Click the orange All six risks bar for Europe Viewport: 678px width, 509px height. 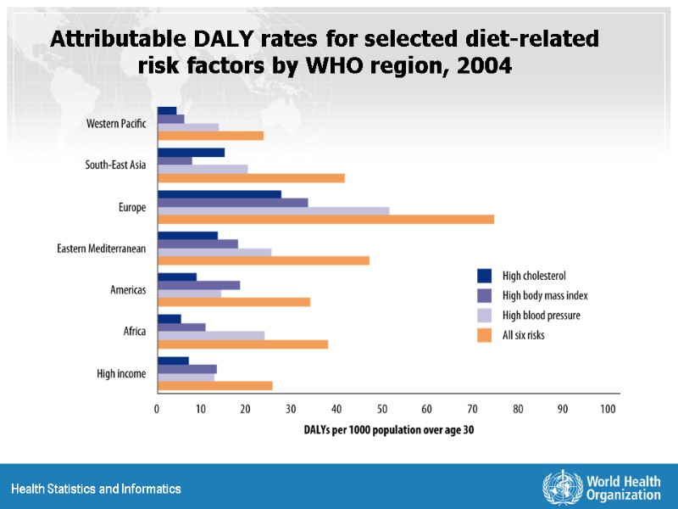(325, 219)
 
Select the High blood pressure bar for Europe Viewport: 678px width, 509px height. (273, 210)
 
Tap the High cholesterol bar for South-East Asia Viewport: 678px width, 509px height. (191, 153)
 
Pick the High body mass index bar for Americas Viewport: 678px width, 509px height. (198, 285)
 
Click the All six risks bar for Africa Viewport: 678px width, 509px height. (242, 344)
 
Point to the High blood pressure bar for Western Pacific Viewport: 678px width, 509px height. (188, 127)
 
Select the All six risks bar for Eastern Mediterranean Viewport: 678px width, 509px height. (264, 260)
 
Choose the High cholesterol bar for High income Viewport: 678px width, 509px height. (173, 361)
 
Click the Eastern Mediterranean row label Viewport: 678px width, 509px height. (102, 249)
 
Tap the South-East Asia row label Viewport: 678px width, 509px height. (115, 165)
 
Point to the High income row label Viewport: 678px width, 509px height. (121, 373)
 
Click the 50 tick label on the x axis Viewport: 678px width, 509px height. (381, 410)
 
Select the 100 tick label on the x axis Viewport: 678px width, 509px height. (608, 410)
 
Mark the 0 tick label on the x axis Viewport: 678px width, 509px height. (157, 410)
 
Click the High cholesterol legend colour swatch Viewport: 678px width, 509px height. (485, 275)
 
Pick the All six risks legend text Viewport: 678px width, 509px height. (523, 335)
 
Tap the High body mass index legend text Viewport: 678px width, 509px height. (544, 295)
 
